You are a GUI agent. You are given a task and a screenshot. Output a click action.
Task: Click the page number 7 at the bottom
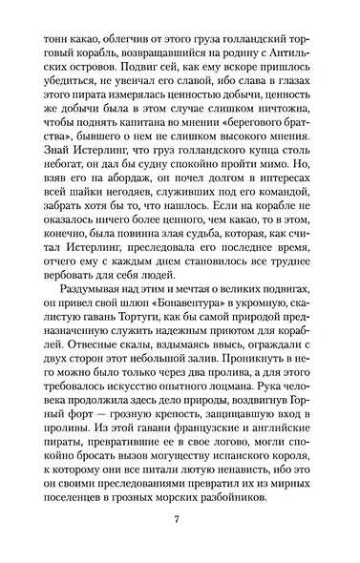pyautogui.click(x=179, y=518)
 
